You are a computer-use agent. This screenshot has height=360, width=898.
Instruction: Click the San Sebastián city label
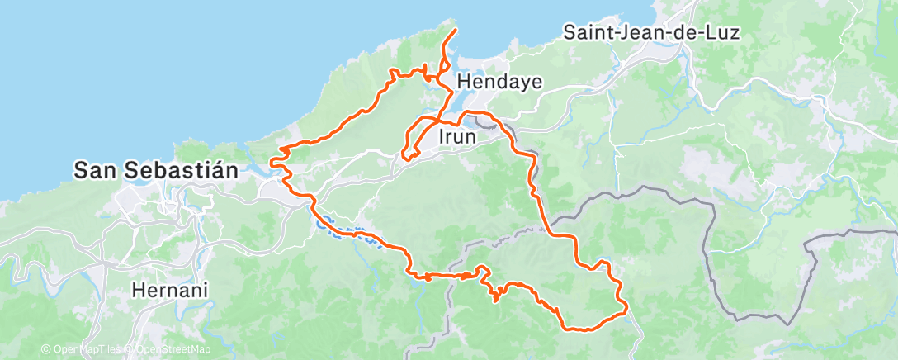point(156,171)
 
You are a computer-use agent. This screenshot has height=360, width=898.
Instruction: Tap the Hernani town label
point(169,291)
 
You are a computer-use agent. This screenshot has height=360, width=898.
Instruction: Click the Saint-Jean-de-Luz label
point(651,33)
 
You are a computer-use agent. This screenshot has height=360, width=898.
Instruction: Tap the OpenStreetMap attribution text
point(169,349)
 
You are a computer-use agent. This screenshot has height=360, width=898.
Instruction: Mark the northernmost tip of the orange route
point(455,30)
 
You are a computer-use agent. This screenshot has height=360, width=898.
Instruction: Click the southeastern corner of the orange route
point(626,310)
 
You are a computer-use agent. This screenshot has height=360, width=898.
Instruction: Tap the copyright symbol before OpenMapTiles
point(45,349)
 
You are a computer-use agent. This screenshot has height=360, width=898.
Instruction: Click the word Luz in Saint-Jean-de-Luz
point(724,33)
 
